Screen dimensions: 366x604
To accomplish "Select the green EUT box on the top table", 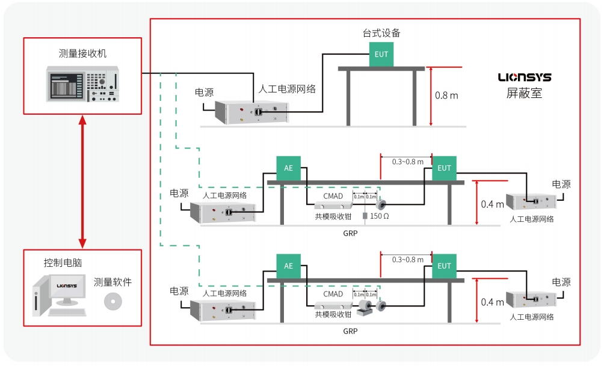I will pyautogui.click(x=381, y=54).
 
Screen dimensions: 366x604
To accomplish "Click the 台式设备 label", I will pyautogui.click(x=381, y=32).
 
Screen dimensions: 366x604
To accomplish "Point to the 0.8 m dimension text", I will pyautogui.click(x=446, y=95).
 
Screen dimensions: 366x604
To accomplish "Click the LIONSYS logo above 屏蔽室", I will pyautogui.click(x=524, y=78).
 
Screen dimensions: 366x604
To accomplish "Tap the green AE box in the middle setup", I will pyautogui.click(x=288, y=168).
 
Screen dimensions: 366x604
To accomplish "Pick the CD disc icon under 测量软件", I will pyautogui.click(x=112, y=301).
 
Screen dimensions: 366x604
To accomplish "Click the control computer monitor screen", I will pyautogui.click(x=66, y=288).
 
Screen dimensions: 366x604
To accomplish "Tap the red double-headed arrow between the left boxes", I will pyautogui.click(x=83, y=180).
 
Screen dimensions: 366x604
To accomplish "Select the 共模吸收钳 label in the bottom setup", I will pyautogui.click(x=333, y=314).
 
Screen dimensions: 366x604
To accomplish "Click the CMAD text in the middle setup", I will pyautogui.click(x=333, y=196).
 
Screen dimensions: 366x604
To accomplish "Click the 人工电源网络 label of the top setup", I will pyautogui.click(x=287, y=89).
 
